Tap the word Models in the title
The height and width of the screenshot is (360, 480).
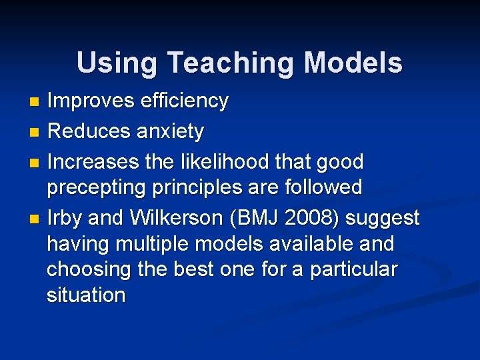tap(353, 63)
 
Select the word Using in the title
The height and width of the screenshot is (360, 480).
tap(118, 63)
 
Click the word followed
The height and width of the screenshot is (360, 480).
tap(323, 187)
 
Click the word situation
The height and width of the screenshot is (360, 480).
tap(86, 295)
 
